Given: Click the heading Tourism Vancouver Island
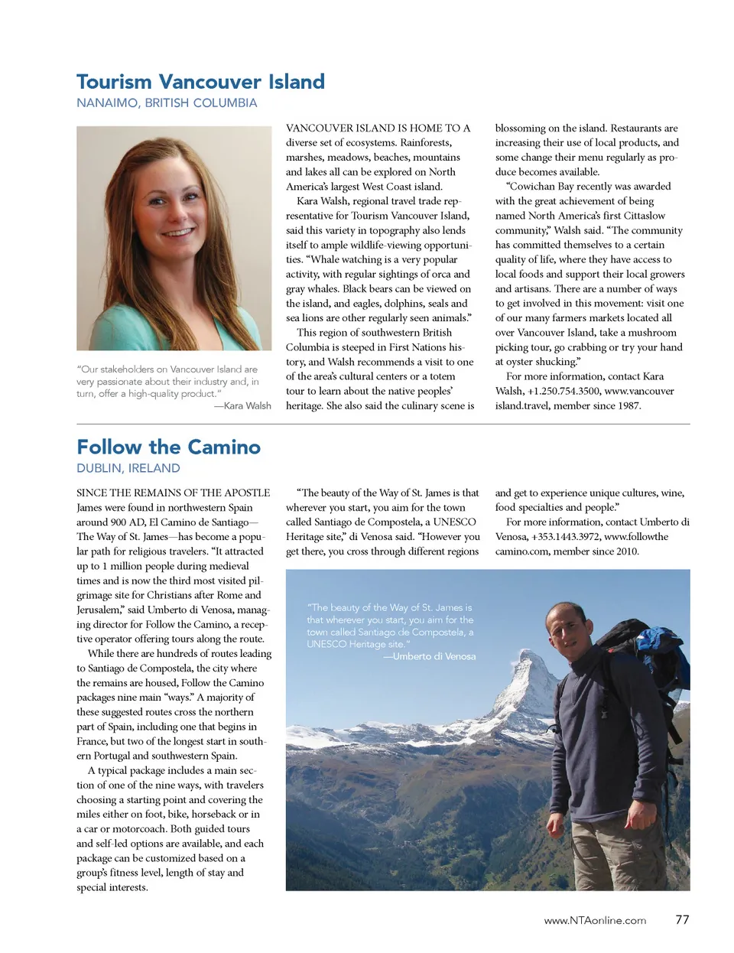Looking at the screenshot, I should (x=200, y=82).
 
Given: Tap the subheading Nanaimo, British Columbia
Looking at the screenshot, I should (x=167, y=103).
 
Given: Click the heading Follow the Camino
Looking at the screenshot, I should (x=168, y=447).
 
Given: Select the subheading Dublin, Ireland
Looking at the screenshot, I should (x=128, y=468).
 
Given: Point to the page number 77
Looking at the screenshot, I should (x=682, y=919).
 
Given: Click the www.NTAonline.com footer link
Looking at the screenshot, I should (x=595, y=920).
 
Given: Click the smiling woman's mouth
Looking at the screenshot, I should (x=177, y=232).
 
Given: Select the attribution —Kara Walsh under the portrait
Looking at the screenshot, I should (x=242, y=405).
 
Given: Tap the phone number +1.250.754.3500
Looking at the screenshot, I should (x=563, y=391).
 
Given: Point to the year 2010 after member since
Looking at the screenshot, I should (x=625, y=551).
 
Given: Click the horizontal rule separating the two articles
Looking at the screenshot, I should (x=383, y=424).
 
